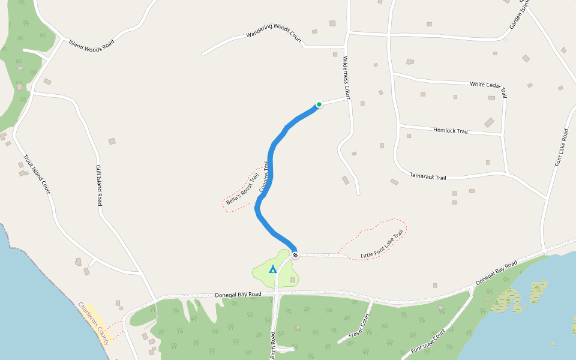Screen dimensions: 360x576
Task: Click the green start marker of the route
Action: tap(319, 104)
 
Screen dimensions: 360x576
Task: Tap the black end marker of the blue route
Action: tap(295, 255)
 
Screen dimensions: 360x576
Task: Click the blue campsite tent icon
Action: tap(273, 269)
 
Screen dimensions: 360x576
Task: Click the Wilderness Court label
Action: tap(346, 77)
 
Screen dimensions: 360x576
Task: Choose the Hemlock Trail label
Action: tap(450, 130)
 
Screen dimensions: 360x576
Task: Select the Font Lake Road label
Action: tap(562, 147)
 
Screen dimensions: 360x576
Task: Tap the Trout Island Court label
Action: tap(36, 175)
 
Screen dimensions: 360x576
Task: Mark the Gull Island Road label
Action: tap(98, 185)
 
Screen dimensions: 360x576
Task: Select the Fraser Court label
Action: tap(359, 326)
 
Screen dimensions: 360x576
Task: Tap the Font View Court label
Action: tap(428, 341)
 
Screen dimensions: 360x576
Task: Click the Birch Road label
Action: tap(273, 345)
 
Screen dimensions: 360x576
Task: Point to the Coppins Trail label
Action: tap(263, 176)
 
